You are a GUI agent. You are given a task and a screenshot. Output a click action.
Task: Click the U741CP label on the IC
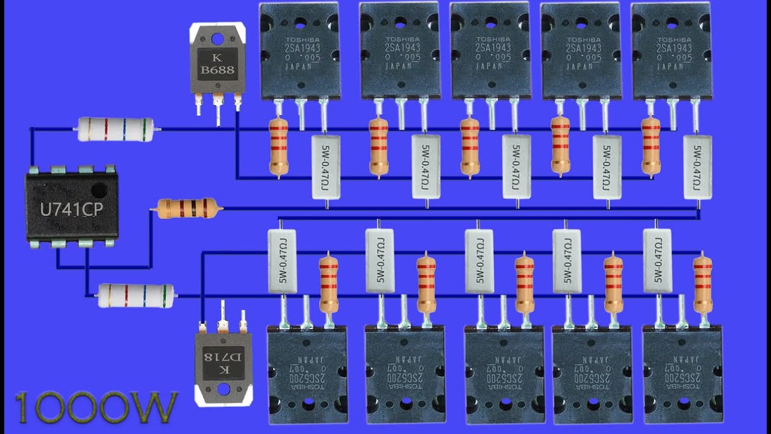(71, 209)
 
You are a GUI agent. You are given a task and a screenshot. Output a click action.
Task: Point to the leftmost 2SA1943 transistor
(299, 51)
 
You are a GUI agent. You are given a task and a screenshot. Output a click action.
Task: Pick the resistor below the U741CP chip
(136, 295)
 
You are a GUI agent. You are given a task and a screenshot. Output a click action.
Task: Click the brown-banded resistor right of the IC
(187, 209)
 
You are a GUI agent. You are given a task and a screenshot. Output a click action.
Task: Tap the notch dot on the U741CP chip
(99, 190)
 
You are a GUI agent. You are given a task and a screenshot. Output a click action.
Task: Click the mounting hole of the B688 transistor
(218, 40)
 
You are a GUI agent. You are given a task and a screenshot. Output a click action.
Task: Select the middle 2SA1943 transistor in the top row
(490, 51)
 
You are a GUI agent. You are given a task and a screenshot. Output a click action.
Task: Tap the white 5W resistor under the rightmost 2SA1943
(698, 167)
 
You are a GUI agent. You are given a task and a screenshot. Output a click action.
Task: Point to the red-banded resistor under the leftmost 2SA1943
(278, 147)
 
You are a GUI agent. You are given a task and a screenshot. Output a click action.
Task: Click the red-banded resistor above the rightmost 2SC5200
(702, 285)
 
